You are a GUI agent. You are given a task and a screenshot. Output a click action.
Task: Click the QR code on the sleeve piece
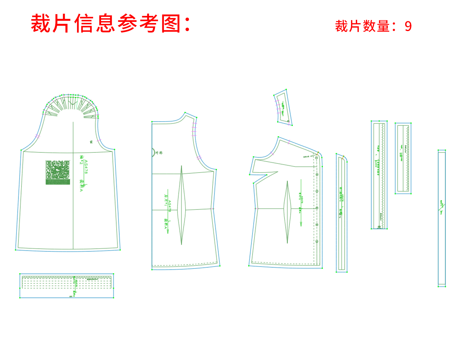[58, 172]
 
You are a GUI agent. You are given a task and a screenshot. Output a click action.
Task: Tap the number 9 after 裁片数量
[408, 27]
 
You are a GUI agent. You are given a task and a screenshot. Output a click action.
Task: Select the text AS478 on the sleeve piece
[86, 167]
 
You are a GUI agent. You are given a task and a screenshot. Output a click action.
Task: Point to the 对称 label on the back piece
[159, 153]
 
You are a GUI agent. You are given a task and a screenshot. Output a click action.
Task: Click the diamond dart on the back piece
[181, 205]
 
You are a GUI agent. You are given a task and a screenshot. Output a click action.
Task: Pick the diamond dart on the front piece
[287, 212]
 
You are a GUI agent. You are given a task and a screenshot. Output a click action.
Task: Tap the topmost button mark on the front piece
[317, 158]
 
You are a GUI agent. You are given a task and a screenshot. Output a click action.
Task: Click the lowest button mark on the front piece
[317, 241]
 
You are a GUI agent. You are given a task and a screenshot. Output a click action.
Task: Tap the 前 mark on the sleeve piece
[91, 142]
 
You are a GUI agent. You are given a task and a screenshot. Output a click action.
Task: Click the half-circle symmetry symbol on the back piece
[153, 152]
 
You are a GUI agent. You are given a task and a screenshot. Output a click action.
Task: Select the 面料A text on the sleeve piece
[81, 185]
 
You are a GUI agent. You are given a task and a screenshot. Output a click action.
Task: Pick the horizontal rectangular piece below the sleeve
[67, 286]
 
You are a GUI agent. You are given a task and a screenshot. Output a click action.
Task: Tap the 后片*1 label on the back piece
[166, 200]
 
